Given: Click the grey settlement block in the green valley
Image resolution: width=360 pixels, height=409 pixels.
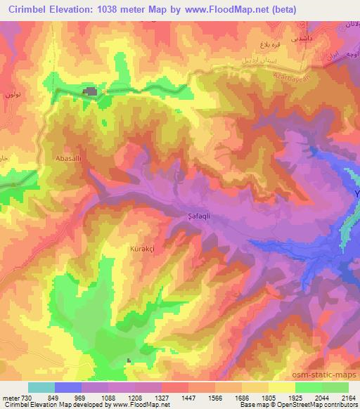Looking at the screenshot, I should click(x=91, y=91).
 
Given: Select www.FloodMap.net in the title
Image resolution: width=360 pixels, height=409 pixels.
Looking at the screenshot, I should click(x=227, y=10).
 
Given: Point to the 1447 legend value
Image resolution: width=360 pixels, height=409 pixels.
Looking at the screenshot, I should click(x=188, y=397).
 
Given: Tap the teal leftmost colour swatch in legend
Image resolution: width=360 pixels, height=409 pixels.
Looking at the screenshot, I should click(x=41, y=387).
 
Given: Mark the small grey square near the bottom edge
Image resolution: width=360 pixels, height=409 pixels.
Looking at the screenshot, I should click(x=129, y=361).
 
